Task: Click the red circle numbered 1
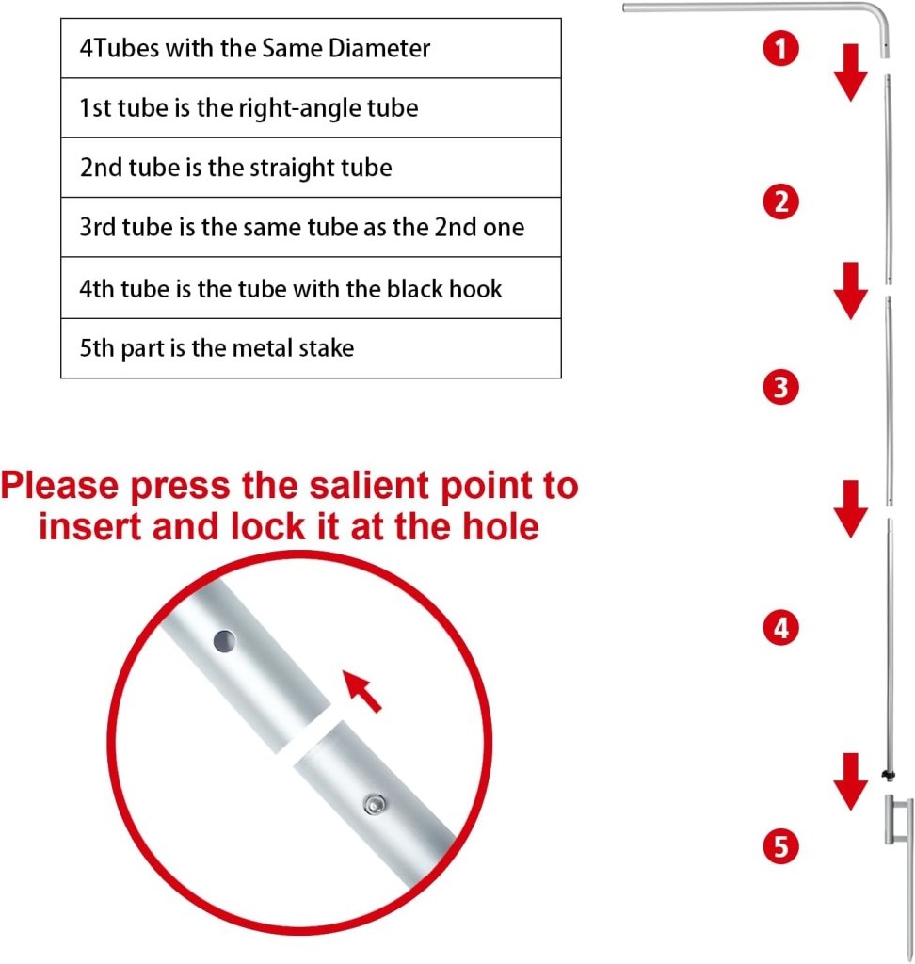781,49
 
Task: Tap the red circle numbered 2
781,201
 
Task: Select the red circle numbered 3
781,388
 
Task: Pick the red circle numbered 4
781,628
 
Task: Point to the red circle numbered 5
781,846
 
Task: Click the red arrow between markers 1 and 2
850,72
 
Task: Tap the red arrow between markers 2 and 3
850,291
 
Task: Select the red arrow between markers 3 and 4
850,509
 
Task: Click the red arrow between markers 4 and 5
850,781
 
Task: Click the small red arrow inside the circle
361,691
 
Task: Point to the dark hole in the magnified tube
224,642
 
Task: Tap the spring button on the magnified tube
375,804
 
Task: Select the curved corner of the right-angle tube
880,12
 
